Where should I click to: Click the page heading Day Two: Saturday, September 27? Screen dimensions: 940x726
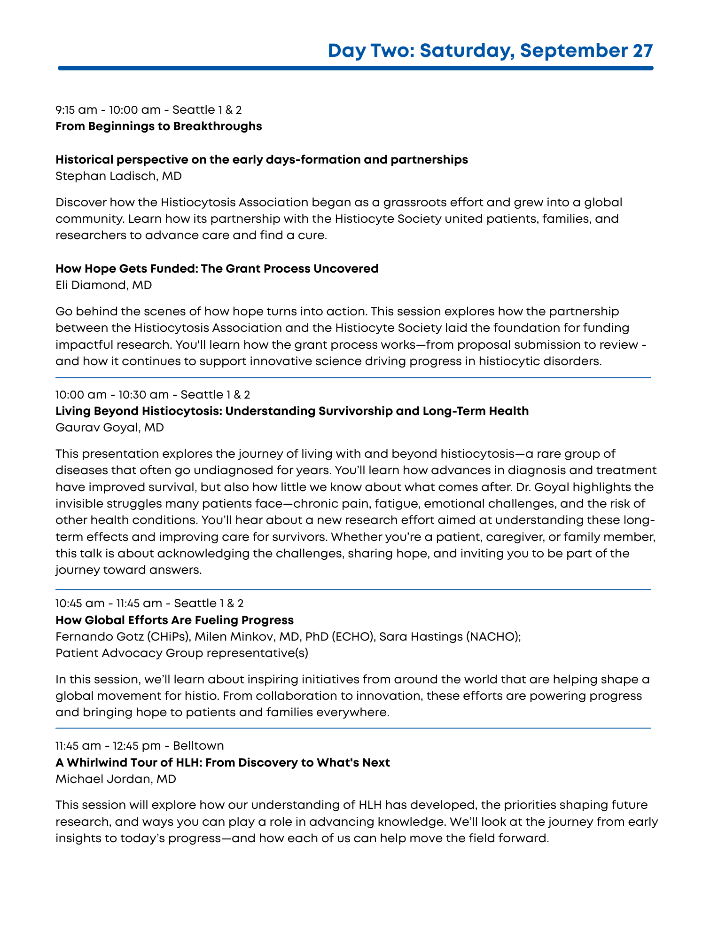tap(490, 51)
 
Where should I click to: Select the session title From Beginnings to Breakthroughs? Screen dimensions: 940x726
tap(158, 126)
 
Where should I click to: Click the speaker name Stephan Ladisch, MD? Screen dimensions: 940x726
tap(118, 176)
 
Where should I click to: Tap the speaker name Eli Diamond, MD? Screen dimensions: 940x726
tap(103, 285)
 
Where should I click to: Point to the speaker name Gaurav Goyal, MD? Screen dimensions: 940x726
tap(109, 428)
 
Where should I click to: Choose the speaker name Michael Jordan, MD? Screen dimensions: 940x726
tap(116, 779)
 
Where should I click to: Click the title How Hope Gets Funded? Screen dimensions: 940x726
tap(217, 269)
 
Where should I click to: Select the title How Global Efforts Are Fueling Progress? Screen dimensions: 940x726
tap(174, 620)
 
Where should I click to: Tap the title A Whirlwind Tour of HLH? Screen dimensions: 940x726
tap(222, 762)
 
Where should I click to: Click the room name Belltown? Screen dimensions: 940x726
tap(198, 746)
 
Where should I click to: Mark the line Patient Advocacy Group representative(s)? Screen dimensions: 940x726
tap(181, 653)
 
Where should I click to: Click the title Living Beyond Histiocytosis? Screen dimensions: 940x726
tap(292, 411)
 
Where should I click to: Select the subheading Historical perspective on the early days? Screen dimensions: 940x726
tap(261, 160)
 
